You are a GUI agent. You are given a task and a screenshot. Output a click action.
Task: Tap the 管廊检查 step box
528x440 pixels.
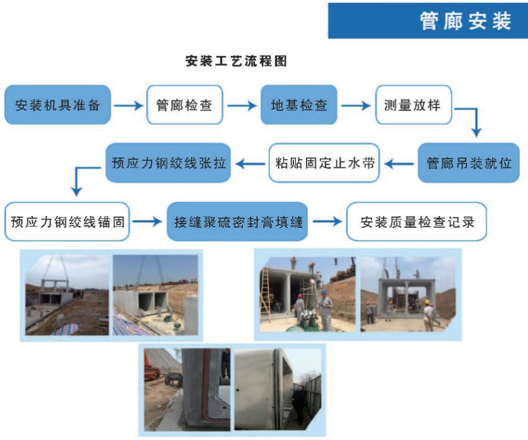pos(184,106)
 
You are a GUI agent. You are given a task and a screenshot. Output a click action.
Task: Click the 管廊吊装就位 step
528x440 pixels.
pos(470,163)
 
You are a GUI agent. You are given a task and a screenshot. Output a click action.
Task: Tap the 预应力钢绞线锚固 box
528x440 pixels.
pos(67,222)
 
